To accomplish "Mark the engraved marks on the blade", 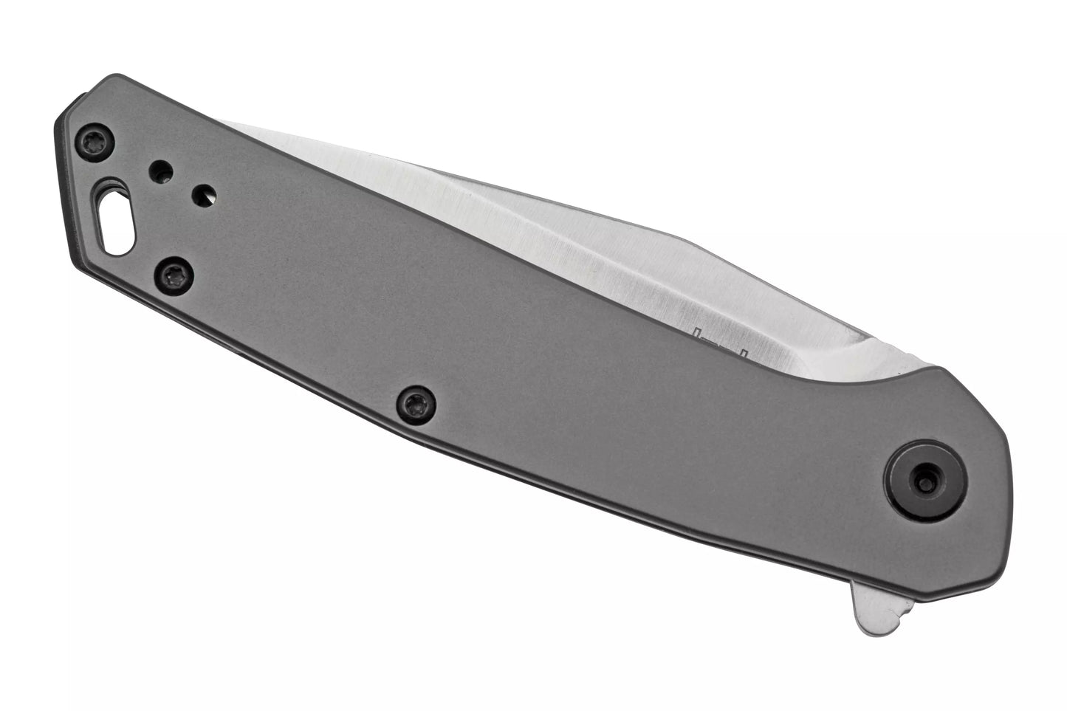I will (724, 345).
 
